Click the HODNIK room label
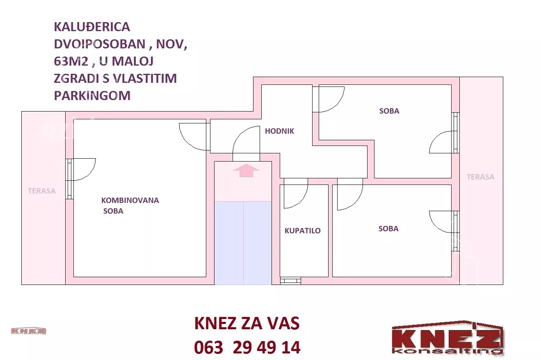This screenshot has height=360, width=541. (x=279, y=131)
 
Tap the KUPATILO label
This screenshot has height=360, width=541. (x=303, y=230)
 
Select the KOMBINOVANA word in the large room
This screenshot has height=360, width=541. (x=130, y=200)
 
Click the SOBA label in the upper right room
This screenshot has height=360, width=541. (x=389, y=111)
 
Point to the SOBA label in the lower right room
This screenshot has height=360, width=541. (x=388, y=229)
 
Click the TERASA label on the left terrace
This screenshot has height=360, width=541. (x=41, y=191)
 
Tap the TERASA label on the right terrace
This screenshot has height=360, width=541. (x=480, y=177)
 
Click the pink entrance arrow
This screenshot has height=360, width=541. (x=246, y=170)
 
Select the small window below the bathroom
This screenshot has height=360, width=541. (x=290, y=280)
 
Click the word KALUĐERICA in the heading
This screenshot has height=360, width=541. (x=92, y=27)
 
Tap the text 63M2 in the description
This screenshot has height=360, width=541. (x=71, y=62)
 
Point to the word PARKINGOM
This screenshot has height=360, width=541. (x=92, y=96)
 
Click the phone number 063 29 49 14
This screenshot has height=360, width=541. (x=247, y=347)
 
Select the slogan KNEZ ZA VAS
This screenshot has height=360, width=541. (x=247, y=323)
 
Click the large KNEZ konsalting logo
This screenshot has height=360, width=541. (x=447, y=338)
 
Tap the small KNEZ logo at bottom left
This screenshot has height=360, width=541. (x=28, y=331)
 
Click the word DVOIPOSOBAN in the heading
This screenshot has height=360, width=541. (x=100, y=44)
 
